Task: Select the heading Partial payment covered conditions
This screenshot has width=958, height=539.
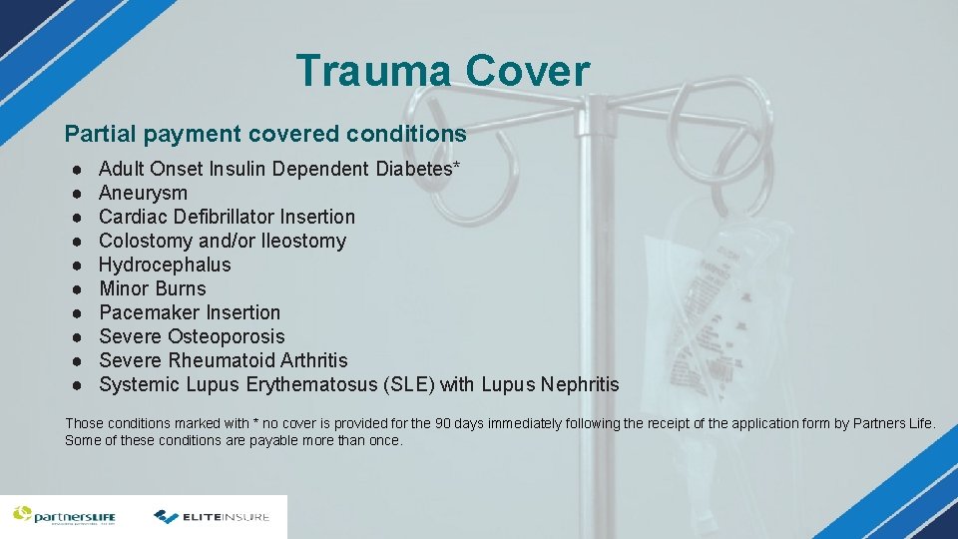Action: point(265,134)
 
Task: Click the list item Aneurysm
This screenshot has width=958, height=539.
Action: point(143,193)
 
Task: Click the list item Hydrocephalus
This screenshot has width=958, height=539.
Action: point(165,265)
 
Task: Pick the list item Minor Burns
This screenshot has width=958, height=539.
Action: point(152,288)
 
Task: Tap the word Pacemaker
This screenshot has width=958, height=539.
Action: point(149,312)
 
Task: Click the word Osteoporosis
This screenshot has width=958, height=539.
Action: point(226,336)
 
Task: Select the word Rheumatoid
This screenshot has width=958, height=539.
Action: point(219,360)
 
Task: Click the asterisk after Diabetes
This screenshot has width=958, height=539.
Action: point(457,166)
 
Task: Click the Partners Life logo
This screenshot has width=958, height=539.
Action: point(64,516)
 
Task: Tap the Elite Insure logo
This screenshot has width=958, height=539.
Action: point(212,517)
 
